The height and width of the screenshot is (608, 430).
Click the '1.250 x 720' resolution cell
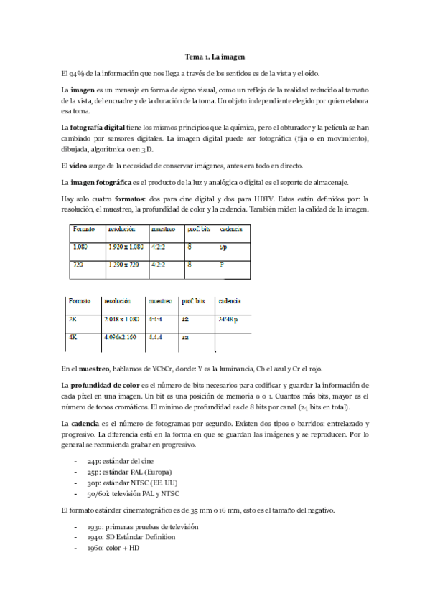click(x=123, y=265)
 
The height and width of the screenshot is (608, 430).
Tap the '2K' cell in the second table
click(x=73, y=320)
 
